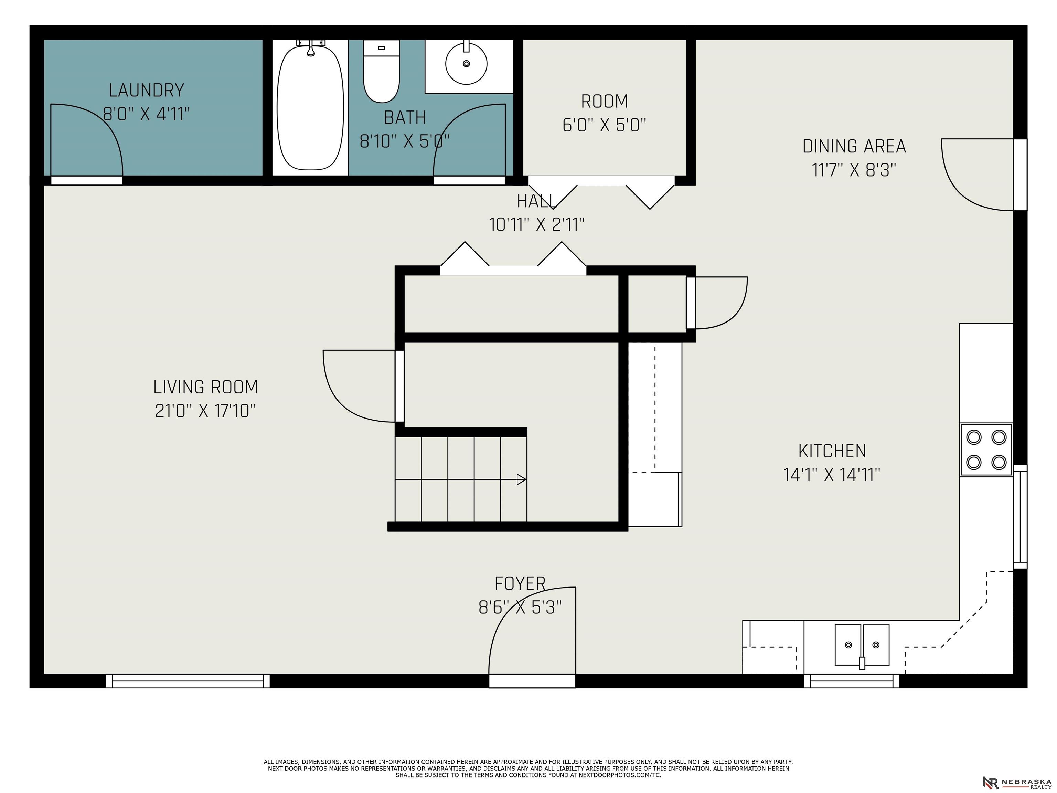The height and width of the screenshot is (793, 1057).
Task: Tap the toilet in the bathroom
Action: [381, 71]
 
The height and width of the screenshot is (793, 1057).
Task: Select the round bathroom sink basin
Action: [466, 64]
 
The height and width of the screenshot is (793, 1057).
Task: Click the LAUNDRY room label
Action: [146, 90]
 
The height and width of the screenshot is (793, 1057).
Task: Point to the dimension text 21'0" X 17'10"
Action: [205, 411]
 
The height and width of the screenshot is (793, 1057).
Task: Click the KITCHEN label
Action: [832, 451]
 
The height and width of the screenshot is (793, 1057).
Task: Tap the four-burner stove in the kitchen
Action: [986, 450]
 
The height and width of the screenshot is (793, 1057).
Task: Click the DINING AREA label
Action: [854, 146]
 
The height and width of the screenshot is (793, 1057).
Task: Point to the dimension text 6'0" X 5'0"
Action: [605, 125]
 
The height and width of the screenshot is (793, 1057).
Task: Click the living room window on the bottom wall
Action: [188, 681]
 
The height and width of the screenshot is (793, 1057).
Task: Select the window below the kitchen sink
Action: [852, 681]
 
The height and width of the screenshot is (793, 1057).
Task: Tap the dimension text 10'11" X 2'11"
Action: [537, 224]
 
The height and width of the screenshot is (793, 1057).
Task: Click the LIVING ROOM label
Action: [205, 387]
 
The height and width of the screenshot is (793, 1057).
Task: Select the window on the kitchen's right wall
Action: [1020, 516]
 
